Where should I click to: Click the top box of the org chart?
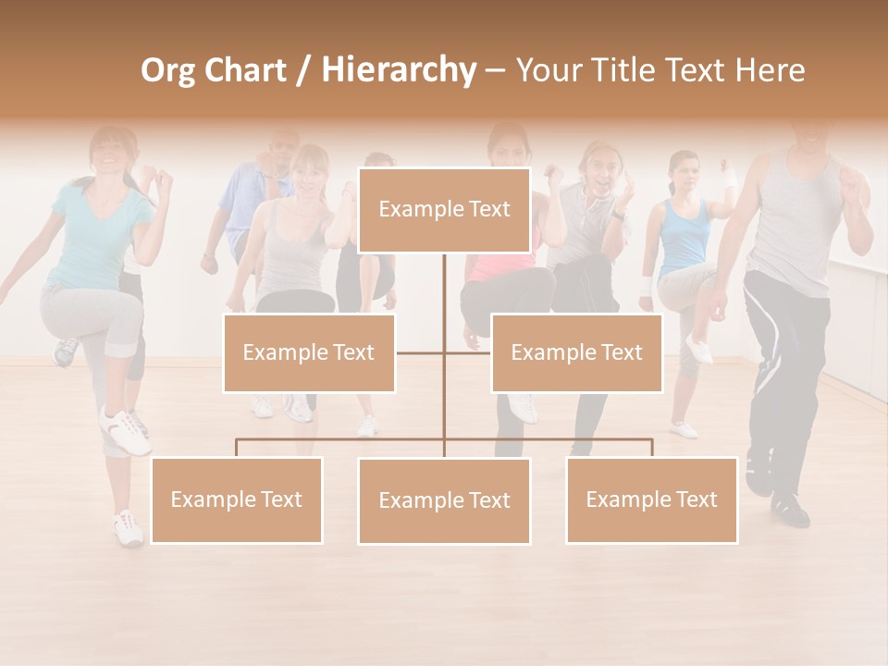444,210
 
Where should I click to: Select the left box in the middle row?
308,352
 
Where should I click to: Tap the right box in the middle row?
576,352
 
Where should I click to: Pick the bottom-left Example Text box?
236,499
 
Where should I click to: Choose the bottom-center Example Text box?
444,500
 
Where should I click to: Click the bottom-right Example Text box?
651,499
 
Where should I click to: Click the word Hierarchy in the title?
399,69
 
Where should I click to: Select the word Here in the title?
770,69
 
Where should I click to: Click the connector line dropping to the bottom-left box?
236,448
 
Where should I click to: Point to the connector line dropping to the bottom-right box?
651,448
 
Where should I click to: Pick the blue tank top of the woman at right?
685,235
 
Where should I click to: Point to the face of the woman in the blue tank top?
684,173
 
